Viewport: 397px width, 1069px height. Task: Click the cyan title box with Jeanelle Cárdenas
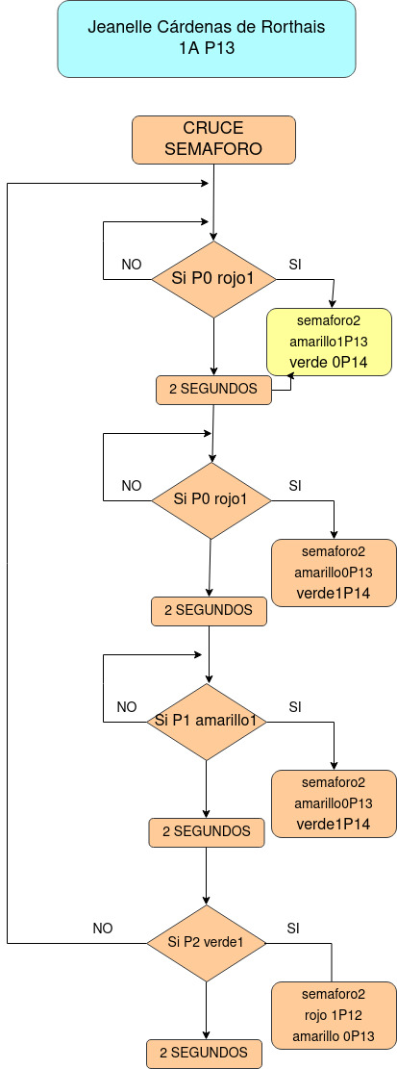click(x=207, y=38)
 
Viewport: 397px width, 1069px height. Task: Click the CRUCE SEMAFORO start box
click(x=213, y=140)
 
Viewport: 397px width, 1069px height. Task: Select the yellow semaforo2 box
click(x=329, y=342)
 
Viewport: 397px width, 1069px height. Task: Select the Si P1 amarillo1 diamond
click(x=207, y=721)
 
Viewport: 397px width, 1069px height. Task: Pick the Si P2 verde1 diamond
click(x=207, y=943)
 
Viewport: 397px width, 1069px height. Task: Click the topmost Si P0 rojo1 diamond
click(x=213, y=279)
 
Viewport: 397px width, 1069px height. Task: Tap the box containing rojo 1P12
click(x=334, y=1015)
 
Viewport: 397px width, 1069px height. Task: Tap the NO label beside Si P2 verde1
click(x=103, y=928)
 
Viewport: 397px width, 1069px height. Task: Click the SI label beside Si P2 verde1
click(x=294, y=928)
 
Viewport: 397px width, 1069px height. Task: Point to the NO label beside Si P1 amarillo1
click(x=127, y=707)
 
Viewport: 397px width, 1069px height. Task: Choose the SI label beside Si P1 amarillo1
click(x=295, y=707)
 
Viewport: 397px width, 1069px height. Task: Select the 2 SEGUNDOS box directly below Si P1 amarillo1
click(x=206, y=831)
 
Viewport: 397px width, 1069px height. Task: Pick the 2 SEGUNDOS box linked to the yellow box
click(x=213, y=390)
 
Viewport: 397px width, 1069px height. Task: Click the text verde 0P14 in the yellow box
click(x=329, y=363)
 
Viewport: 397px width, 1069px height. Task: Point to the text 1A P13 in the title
click(x=207, y=48)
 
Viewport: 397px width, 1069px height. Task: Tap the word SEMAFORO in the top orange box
click(x=213, y=149)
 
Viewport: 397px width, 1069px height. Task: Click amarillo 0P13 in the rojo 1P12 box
click(x=334, y=1036)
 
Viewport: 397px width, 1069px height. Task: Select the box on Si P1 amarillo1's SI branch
click(x=334, y=803)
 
